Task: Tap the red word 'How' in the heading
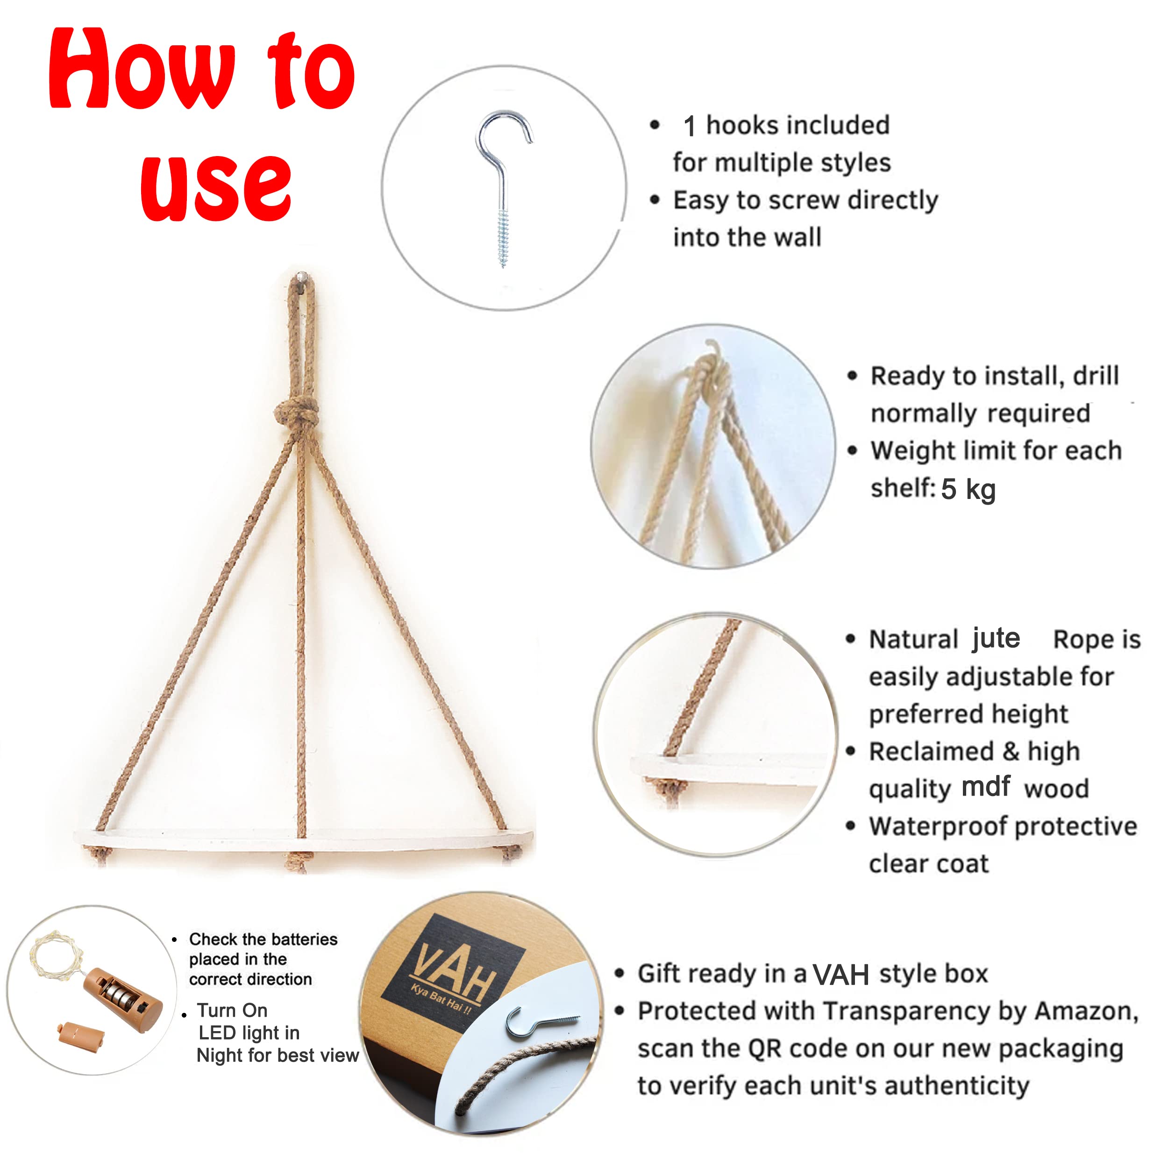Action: (142, 70)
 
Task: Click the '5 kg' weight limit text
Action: (968, 489)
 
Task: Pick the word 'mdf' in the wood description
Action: (985, 786)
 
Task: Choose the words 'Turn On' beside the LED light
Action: (232, 1010)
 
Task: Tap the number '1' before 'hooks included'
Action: (690, 126)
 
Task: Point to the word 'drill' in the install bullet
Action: (1096, 376)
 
